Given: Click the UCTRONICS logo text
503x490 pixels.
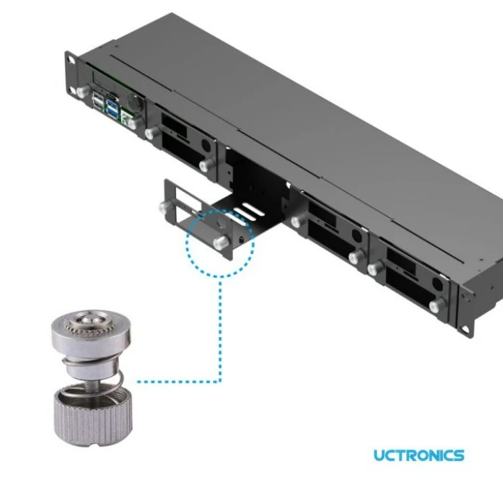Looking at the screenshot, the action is click(x=419, y=455).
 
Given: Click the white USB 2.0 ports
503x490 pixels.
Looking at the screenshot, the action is click(x=97, y=101).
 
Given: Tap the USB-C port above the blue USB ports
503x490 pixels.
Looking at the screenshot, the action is click(x=113, y=97).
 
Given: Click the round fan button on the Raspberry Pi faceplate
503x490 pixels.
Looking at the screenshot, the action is click(x=134, y=102).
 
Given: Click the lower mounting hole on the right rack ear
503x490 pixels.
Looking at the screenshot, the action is click(x=463, y=328).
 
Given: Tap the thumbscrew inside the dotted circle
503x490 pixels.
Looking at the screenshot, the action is click(x=222, y=242).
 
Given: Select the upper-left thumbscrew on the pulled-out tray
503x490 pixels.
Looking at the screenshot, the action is click(x=167, y=206).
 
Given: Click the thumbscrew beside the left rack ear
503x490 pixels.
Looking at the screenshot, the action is click(x=84, y=91).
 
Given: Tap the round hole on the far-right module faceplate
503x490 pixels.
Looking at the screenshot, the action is click(x=437, y=284).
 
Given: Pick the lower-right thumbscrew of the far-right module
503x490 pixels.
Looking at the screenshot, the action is click(x=438, y=305).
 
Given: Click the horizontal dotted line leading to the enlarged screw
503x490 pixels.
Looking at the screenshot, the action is click(x=179, y=382).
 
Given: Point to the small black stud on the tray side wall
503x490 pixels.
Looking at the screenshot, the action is click(x=241, y=240).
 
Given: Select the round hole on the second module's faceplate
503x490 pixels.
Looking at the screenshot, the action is click(x=206, y=146).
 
